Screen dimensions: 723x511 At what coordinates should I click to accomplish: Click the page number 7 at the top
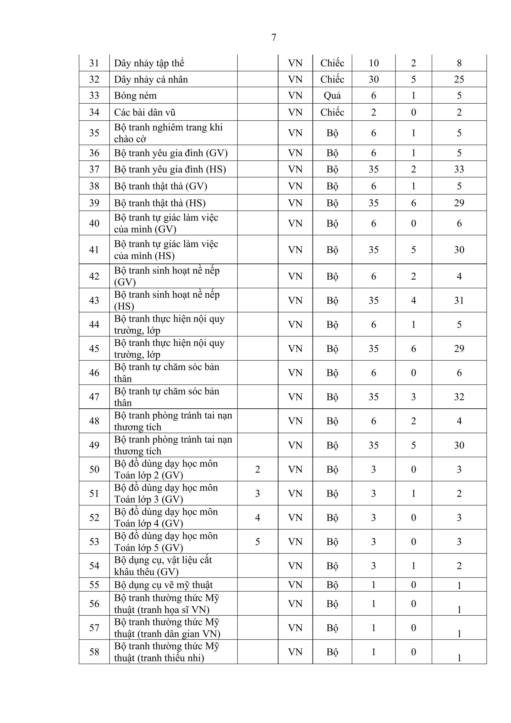[x=274, y=38]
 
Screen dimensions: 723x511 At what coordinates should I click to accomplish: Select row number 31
[x=94, y=63]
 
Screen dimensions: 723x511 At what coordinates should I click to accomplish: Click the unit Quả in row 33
[x=332, y=95]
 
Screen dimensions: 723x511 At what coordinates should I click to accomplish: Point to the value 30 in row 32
[x=374, y=79]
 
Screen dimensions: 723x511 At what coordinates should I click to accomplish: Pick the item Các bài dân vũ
[x=145, y=112]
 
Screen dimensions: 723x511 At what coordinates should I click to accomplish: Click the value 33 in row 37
[x=459, y=169]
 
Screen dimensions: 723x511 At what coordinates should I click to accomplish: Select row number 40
[x=94, y=223]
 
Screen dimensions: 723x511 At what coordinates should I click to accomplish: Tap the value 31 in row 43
[x=459, y=300]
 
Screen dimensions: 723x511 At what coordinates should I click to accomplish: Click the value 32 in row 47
[x=459, y=397]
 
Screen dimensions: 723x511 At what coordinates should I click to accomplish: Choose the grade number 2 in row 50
[x=257, y=469]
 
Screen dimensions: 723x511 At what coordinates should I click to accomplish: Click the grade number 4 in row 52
[x=257, y=517]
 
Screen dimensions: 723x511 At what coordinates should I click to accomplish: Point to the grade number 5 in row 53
[x=257, y=542]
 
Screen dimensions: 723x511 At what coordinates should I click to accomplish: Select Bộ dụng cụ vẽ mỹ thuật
[x=163, y=585]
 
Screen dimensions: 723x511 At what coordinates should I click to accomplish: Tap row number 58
[x=94, y=652]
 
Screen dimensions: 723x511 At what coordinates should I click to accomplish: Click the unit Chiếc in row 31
[x=332, y=63]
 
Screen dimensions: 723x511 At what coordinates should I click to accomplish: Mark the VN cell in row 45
[x=295, y=349]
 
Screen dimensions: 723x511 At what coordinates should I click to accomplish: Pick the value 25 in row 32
[x=459, y=79]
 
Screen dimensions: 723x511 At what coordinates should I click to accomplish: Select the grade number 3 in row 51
[x=257, y=493]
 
